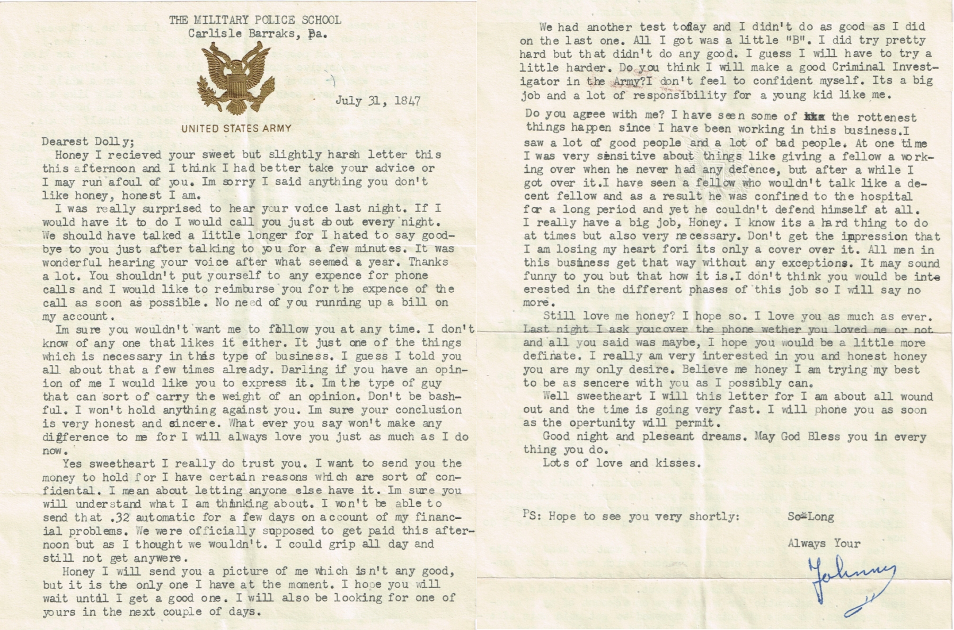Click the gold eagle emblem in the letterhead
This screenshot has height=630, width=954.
point(237,78)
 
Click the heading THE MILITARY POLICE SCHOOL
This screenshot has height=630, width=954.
point(255,20)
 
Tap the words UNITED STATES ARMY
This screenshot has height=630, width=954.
point(236,128)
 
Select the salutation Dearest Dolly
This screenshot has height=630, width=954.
point(88,142)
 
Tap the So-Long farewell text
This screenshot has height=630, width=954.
point(811,517)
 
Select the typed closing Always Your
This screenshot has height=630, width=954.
point(824,544)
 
